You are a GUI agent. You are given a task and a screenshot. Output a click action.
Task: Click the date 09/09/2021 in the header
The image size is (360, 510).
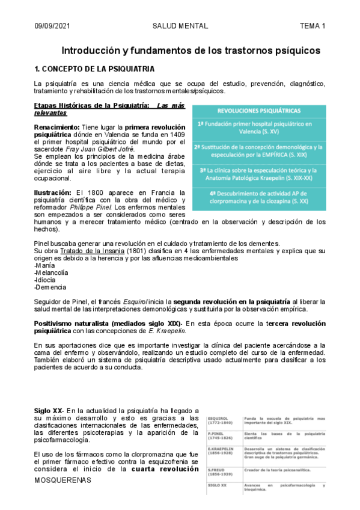52,26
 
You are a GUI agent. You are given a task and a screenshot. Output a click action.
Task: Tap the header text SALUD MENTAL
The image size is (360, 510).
181,26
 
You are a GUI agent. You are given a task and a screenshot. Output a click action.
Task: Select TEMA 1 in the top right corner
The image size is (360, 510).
313,26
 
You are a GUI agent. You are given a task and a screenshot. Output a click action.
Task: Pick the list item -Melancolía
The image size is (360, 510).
52,272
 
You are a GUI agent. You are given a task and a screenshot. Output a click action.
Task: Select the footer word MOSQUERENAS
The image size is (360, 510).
63,481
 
